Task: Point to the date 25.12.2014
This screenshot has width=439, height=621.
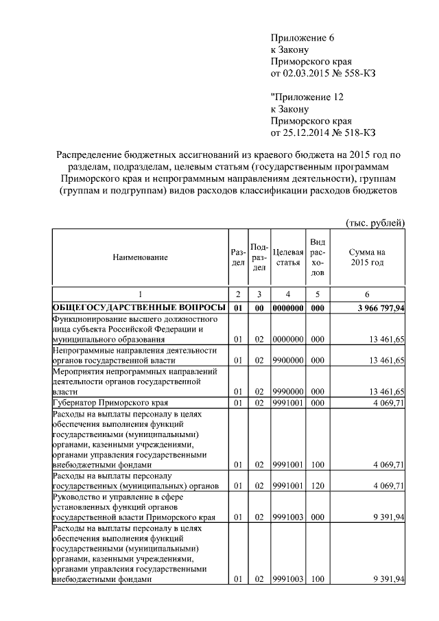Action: click(x=307, y=132)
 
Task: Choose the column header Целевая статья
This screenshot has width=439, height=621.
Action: click(x=288, y=257)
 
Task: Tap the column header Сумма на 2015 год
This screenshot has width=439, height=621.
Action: click(x=367, y=257)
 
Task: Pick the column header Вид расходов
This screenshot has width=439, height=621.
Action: click(x=318, y=257)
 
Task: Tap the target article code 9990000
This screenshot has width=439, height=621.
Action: click(x=288, y=391)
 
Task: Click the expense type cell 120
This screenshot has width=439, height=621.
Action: click(x=318, y=486)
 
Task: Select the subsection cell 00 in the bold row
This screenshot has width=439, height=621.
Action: click(x=259, y=308)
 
